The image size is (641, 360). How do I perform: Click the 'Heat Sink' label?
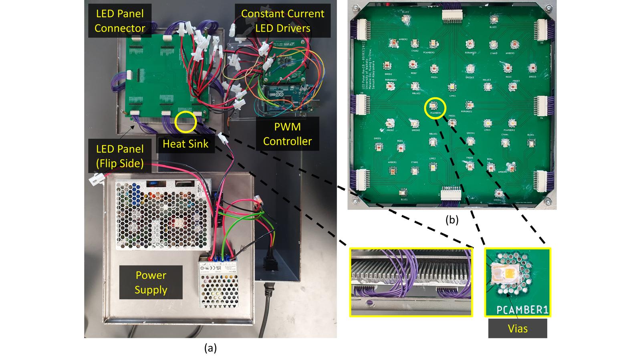click(x=185, y=143)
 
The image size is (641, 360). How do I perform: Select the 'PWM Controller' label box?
click(x=287, y=134)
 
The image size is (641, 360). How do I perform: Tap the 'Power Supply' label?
click(x=151, y=282)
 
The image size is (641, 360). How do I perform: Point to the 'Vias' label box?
click(x=517, y=329)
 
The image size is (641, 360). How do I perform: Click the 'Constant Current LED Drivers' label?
click(x=282, y=21)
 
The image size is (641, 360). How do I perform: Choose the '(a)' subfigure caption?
click(x=210, y=348)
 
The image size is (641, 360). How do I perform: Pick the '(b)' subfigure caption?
click(x=452, y=220)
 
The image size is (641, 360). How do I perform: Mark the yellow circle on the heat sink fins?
click(x=186, y=122)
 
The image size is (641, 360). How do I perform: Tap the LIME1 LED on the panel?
click(x=452, y=87)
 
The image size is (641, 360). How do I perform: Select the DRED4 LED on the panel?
click(x=498, y=193)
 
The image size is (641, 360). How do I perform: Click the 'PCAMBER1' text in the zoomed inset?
click(x=522, y=310)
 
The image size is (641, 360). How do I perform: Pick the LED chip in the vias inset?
click(x=506, y=276)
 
